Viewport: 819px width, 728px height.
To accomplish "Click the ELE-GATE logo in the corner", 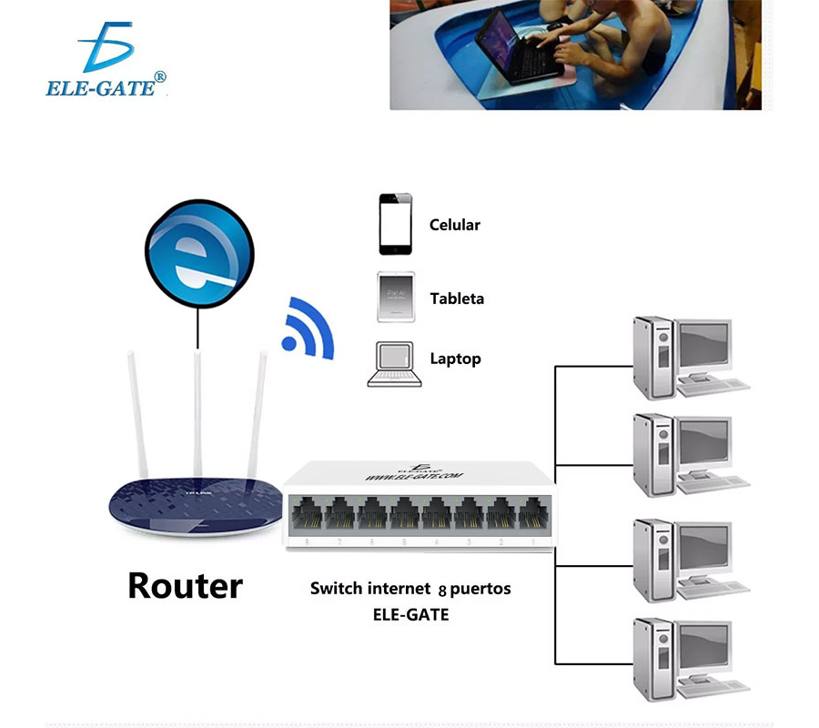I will coord(106,61).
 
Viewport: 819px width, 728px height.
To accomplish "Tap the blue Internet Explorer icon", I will coord(198,252).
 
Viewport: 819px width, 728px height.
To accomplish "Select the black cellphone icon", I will coord(395,224).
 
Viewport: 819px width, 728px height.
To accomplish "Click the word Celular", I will coord(454,225).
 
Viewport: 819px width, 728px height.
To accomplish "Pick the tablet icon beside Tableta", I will coord(395,297).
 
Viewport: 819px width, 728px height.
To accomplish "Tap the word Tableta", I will coord(457,298).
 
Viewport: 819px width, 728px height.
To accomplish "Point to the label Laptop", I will coord(455,359).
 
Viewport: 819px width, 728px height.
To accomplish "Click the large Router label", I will coord(185,585).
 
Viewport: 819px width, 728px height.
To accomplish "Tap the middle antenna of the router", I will coord(197,409).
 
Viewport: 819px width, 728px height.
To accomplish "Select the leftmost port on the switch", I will coord(308,515).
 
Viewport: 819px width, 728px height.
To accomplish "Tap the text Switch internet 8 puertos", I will coord(410,589).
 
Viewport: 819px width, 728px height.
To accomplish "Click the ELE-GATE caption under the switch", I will coord(410,614).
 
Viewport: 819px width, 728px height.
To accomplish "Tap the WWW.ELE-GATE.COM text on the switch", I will coord(414,475).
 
